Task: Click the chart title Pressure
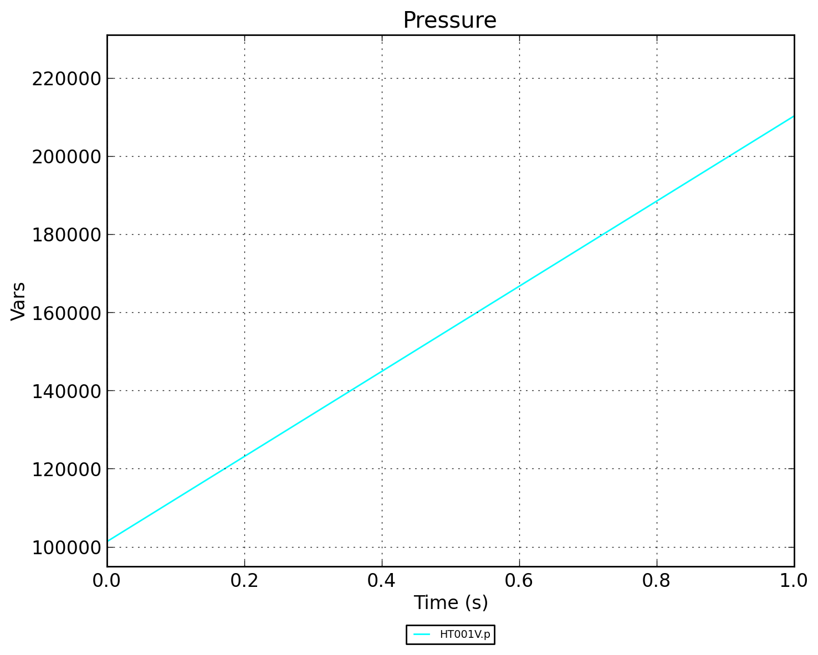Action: pos(449,20)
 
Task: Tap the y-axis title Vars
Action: pos(18,301)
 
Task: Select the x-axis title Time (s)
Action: pos(451,602)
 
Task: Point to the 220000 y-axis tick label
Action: pos(67,79)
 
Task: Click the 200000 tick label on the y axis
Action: pos(67,157)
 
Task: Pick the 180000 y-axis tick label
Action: pos(67,235)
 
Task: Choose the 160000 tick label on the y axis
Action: pos(67,313)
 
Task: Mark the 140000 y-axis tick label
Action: pos(67,391)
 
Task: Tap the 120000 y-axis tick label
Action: pos(67,469)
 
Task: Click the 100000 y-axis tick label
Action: pos(67,547)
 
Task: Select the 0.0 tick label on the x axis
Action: pos(107,580)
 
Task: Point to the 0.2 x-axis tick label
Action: pos(244,580)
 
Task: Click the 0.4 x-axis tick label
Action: pos(382,580)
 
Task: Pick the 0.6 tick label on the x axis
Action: pos(519,580)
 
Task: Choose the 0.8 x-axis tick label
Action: pos(657,580)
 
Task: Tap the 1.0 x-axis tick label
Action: pos(794,580)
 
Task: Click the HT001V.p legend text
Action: pos(464,635)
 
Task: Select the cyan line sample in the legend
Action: pos(422,635)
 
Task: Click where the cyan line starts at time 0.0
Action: pos(108,540)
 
